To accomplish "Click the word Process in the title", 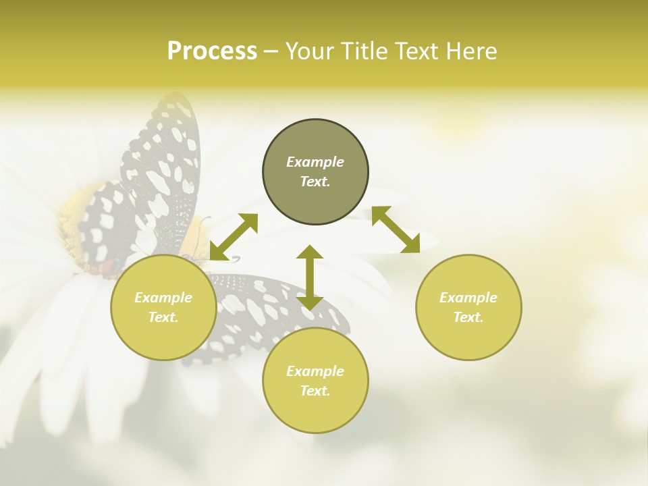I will pyautogui.click(x=212, y=51).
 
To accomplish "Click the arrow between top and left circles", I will pyautogui.click(x=234, y=237).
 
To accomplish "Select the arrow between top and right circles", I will pyautogui.click(x=396, y=230).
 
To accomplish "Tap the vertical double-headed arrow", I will pyautogui.click(x=310, y=278).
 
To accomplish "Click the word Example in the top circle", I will pyautogui.click(x=315, y=162).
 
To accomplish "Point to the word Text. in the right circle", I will pyautogui.click(x=468, y=317).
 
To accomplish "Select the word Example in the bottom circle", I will pyautogui.click(x=315, y=371).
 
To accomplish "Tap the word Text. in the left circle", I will pyautogui.click(x=163, y=317).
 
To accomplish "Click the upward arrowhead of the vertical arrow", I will pyautogui.click(x=310, y=253).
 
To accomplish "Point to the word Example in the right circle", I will pyautogui.click(x=468, y=298).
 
